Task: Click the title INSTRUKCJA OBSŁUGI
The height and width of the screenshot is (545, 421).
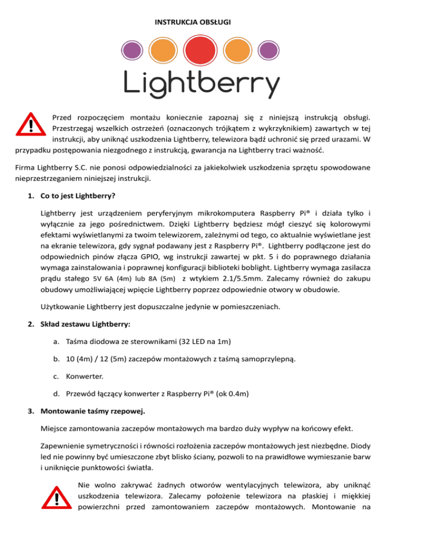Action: (192, 22)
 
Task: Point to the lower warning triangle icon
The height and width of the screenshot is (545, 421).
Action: (56, 498)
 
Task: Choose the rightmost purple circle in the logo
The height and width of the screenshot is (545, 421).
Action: (268, 52)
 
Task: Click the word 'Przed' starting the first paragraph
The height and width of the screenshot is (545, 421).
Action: (62, 116)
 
